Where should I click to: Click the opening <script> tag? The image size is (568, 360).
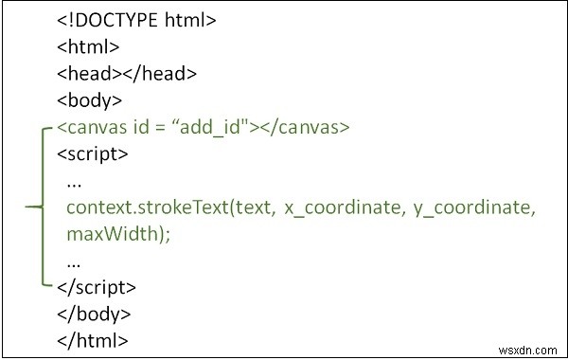92,153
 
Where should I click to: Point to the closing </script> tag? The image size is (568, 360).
97,286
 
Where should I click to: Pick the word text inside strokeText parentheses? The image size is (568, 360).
240,206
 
